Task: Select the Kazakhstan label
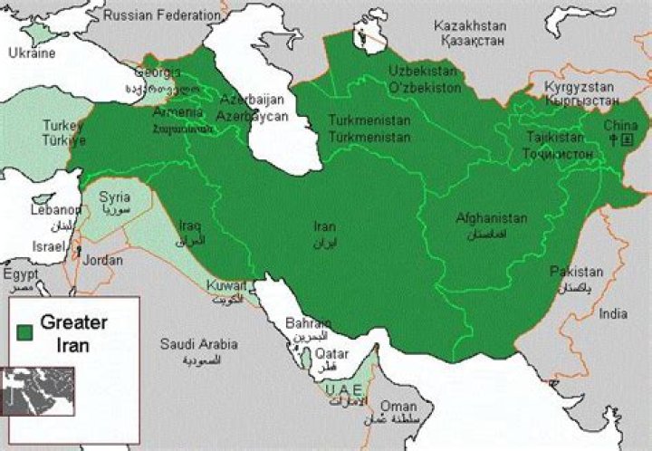click(471, 25)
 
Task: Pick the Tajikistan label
click(555, 138)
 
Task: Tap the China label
click(621, 125)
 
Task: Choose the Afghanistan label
click(491, 219)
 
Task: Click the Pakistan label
click(576, 272)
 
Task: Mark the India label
click(612, 314)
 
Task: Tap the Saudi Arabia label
click(199, 344)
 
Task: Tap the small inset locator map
click(37, 390)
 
